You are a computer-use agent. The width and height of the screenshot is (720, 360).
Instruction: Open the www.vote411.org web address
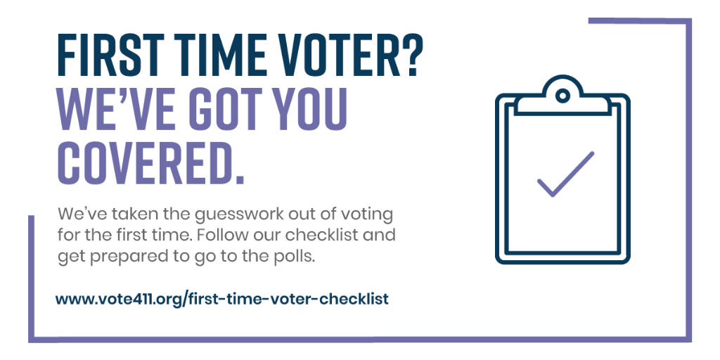(x=221, y=299)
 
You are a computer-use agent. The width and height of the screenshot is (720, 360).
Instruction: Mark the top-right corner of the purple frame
(x=688, y=21)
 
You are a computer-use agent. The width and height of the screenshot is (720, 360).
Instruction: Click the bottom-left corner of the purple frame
(x=32, y=340)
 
